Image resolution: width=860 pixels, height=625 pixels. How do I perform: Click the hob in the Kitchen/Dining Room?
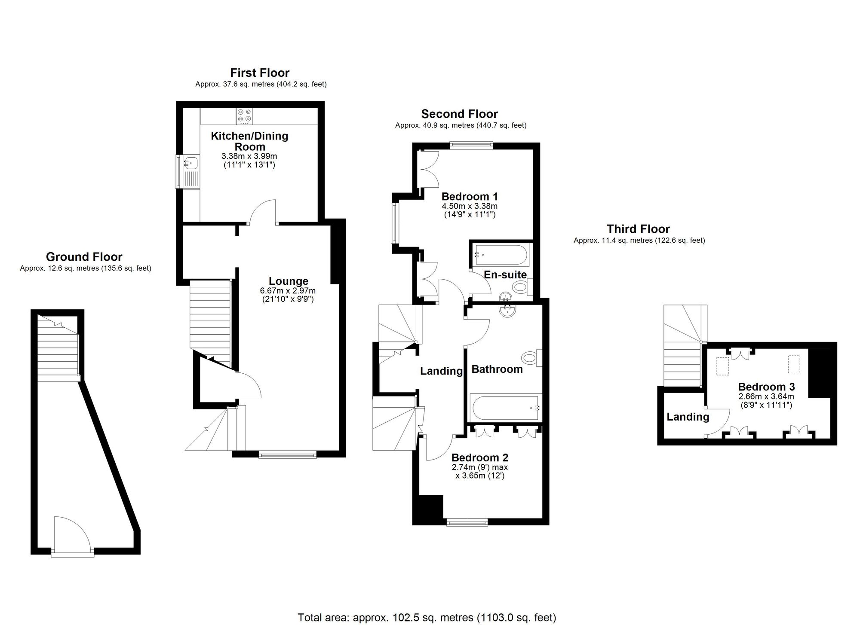click(x=244, y=116)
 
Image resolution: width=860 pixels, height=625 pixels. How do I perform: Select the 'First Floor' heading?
click(x=260, y=73)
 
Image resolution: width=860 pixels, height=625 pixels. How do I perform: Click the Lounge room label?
click(x=289, y=281)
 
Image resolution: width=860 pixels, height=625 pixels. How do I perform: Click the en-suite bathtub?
click(x=500, y=255)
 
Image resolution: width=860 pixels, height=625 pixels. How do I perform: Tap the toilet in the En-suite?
click(x=522, y=287)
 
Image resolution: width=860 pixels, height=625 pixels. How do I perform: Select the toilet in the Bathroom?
click(x=530, y=357)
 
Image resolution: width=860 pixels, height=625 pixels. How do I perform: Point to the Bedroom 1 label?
click(x=470, y=197)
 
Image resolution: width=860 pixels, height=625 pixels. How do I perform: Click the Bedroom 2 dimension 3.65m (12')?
click(x=479, y=476)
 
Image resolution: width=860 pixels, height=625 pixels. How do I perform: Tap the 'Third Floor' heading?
click(x=638, y=229)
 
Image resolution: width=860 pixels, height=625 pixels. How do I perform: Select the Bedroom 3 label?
click(x=766, y=387)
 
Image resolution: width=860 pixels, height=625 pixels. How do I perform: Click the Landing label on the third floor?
click(x=688, y=417)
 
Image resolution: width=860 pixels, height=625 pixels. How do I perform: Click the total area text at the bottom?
click(x=427, y=618)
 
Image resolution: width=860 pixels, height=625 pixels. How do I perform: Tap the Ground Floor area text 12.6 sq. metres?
click(x=85, y=268)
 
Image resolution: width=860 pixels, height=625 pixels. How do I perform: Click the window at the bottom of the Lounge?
click(x=288, y=454)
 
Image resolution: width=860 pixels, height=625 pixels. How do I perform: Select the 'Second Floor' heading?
click(x=459, y=114)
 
